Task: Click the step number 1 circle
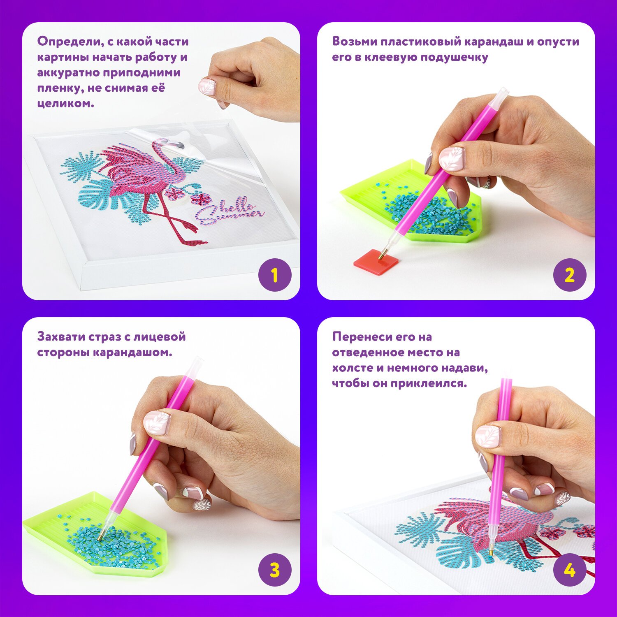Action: point(275,275)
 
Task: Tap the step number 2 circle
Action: point(570,275)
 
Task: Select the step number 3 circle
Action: point(275,570)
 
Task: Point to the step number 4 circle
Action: point(570,570)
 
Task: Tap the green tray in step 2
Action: point(411,202)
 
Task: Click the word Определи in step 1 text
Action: point(71,42)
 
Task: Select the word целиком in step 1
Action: point(65,103)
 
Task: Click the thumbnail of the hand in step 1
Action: point(207,86)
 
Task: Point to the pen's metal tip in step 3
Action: point(101,535)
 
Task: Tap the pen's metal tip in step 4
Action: point(491,551)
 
